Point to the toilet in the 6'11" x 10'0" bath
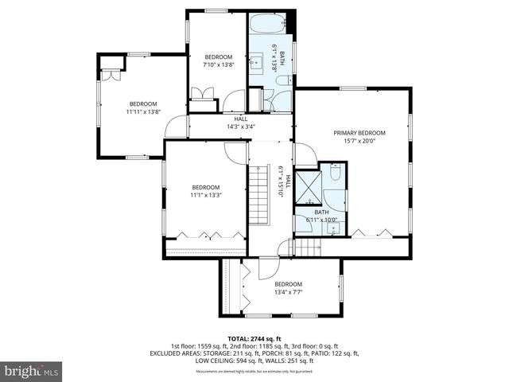(x=335, y=173)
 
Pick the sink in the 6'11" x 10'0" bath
(x=334, y=228)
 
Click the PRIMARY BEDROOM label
(x=359, y=133)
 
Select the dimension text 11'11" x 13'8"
(x=143, y=112)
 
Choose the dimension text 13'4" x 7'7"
(x=288, y=292)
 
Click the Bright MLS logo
(x=32, y=371)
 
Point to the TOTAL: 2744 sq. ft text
(x=254, y=338)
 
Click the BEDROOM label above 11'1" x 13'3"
(x=204, y=187)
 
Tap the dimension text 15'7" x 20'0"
(x=359, y=142)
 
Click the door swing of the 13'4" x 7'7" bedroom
(x=268, y=268)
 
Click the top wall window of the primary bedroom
(x=353, y=88)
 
